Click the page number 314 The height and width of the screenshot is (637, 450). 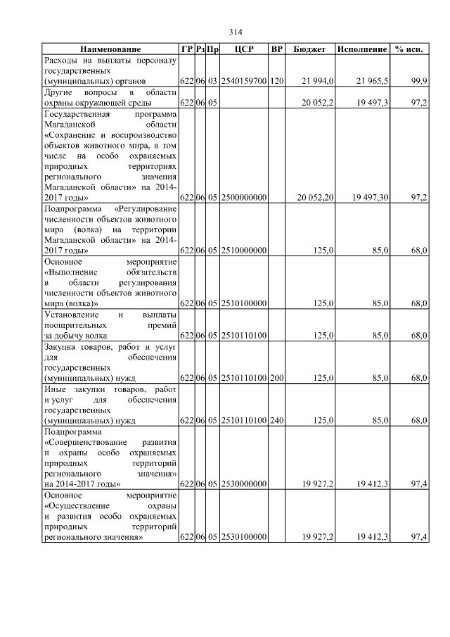(x=236, y=32)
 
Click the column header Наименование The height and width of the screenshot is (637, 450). (x=110, y=49)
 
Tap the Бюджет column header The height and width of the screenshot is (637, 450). (x=309, y=49)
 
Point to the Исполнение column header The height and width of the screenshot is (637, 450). (x=362, y=49)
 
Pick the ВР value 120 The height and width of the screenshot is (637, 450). (x=277, y=82)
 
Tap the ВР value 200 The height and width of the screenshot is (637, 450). (x=277, y=378)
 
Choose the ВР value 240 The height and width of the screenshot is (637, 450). (x=277, y=421)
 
